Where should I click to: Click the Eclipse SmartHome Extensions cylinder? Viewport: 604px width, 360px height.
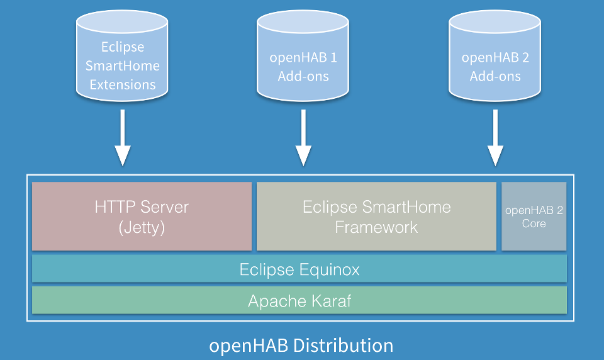(123, 60)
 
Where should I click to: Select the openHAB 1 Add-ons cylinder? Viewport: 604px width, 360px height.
(303, 60)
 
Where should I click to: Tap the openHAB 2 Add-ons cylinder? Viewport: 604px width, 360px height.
(495, 60)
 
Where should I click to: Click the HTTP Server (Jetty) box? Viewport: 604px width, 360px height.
(142, 217)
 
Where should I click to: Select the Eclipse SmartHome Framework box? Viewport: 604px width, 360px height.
(376, 217)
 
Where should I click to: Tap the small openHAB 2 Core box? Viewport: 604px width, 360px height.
(534, 217)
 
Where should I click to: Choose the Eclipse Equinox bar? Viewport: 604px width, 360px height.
(299, 269)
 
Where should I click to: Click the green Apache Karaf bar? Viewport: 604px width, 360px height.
(299, 301)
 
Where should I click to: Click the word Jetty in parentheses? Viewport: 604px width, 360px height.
(142, 227)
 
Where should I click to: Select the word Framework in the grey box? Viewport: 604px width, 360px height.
(376, 227)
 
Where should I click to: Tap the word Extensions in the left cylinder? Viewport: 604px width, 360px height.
(123, 84)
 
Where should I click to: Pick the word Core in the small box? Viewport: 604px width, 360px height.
(534, 223)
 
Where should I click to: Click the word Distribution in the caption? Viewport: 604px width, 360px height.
(343, 346)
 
